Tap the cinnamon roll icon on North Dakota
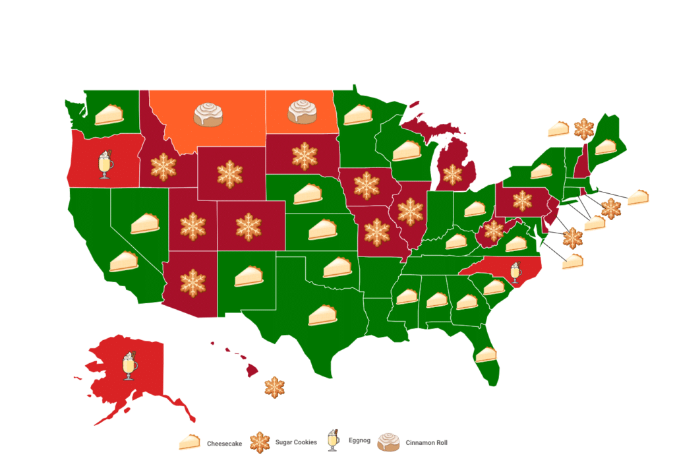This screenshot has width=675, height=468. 302,112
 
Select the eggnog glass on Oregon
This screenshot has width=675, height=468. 105,165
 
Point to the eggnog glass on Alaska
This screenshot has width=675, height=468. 131,366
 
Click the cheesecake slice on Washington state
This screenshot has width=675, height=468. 109,115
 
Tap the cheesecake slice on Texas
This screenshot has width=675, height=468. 323,315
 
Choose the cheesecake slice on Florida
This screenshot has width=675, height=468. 486,355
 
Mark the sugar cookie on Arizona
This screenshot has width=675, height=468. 192,283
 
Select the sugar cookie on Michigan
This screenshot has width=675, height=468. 452,175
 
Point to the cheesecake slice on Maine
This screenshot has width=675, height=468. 605,146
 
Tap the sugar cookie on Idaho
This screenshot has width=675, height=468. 163,168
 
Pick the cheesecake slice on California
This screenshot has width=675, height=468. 123,262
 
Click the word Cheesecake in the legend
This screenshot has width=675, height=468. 224,444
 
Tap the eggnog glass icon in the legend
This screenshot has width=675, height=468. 334,442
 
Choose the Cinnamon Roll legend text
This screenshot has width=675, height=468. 426,443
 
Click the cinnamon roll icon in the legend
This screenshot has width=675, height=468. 388,442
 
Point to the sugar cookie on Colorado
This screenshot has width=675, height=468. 249,226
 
